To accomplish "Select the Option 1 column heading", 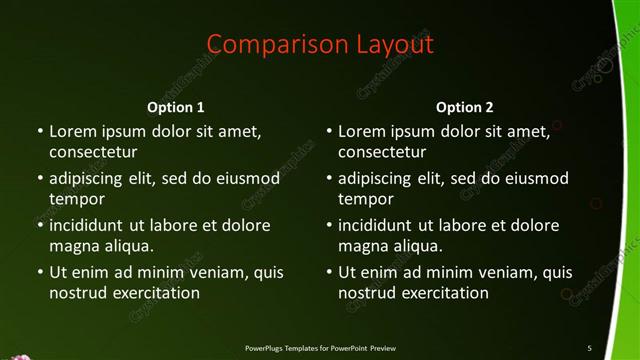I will [176, 107].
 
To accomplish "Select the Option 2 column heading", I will [465, 107].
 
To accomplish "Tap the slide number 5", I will [589, 348].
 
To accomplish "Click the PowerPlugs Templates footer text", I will [320, 348].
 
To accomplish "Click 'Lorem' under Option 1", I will [71, 131].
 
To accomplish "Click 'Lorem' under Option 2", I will [360, 131].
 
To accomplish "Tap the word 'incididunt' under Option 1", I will [90, 226].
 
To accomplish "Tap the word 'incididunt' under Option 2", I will [379, 226].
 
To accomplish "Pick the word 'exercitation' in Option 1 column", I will [156, 293].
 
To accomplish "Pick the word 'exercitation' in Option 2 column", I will [445, 293].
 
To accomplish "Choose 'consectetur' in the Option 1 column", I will [93, 152].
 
